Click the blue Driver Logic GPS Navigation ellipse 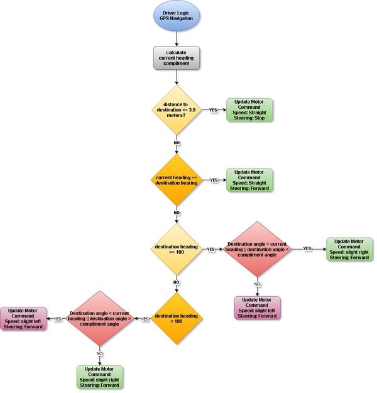coord(177,16)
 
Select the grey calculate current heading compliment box coord(177,58)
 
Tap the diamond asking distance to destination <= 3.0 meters coord(177,110)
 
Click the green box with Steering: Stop coord(249,110)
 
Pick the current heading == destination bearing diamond coord(177,180)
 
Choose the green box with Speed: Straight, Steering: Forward coord(249,180)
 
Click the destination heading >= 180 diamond coord(177,249)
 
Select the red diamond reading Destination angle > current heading coord(257,249)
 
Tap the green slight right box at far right coord(349,249)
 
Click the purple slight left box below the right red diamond coord(257,308)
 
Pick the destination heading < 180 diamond coord(177,319)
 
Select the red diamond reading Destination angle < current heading coord(100,319)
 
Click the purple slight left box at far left coord(23,319)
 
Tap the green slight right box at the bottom coord(100,377)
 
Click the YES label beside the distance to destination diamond coord(213,110)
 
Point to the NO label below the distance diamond coord(177,143)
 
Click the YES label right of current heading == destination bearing coord(214,180)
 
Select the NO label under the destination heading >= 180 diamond coord(177,282)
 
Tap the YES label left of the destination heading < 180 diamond coord(145,319)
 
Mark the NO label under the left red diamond coord(99,353)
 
